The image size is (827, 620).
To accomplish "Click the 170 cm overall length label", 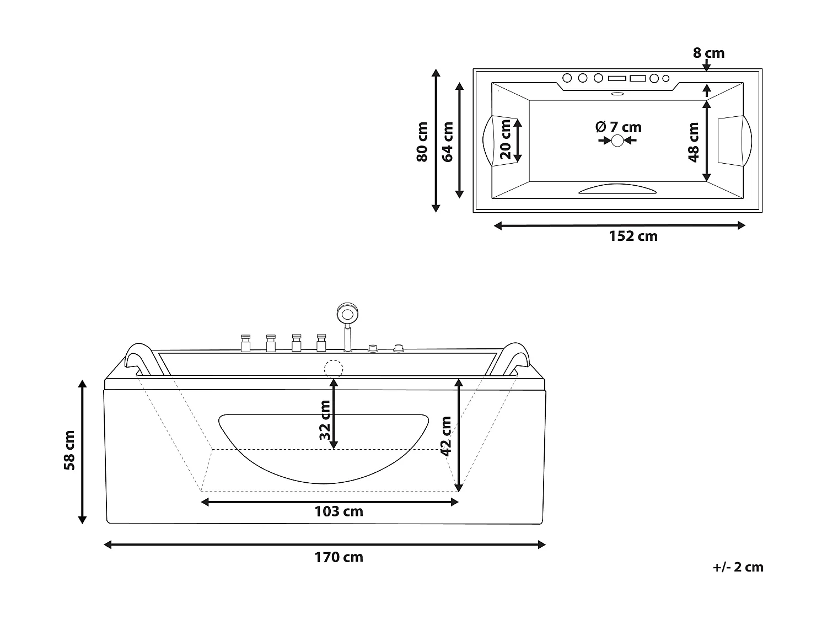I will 339,557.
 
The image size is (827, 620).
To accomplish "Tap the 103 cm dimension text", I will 339,511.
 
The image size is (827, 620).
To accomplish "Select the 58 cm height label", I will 69,450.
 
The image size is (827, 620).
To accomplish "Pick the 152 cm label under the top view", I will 633,236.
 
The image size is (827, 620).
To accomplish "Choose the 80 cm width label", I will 422,142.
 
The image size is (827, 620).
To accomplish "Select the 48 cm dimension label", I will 694,142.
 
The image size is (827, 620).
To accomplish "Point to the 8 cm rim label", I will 708,53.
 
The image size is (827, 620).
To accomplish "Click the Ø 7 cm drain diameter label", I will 618,127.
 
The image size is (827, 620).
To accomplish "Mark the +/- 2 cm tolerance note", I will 737,567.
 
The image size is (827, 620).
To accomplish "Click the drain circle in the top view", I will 617,141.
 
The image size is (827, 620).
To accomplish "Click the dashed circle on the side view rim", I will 334,368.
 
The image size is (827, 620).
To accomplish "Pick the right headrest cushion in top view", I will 733,140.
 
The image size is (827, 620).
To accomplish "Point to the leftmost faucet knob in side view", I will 245,343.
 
